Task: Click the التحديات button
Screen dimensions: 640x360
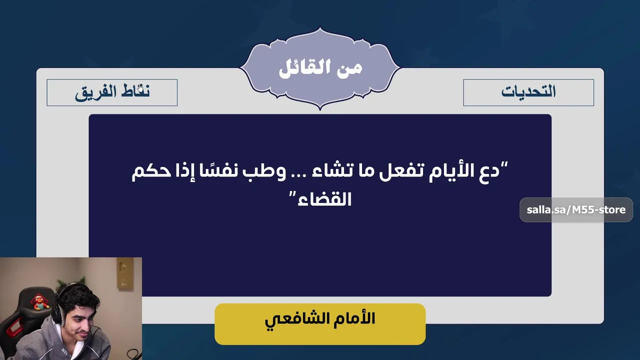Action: tap(528, 92)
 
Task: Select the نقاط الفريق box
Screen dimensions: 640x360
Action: tap(112, 92)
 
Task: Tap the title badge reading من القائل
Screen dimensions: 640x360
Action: tap(320, 68)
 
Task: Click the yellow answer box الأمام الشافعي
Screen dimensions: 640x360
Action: tap(320, 324)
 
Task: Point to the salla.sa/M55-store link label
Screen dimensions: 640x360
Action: tap(576, 209)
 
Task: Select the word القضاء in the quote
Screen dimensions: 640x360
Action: tap(324, 199)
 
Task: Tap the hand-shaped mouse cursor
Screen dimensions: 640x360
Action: tap(140, 88)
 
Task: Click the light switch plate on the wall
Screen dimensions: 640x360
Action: tap(125, 274)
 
